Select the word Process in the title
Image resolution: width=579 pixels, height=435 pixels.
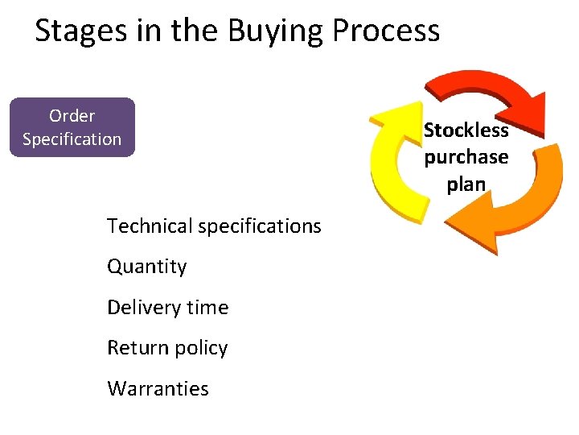click(386, 31)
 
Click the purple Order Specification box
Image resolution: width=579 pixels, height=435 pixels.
click(72, 127)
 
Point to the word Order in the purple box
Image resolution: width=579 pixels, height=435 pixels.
click(72, 116)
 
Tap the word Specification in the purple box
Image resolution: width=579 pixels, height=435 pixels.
click(72, 139)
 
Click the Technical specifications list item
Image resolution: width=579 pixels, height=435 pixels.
click(214, 226)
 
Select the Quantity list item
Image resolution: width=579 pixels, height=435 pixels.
click(147, 267)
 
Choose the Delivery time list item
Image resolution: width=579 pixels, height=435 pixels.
click(167, 307)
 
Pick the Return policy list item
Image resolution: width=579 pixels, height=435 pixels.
click(167, 348)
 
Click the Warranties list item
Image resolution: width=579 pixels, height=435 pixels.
click(158, 388)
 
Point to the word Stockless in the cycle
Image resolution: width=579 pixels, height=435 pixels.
click(466, 130)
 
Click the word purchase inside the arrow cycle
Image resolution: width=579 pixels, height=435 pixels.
click(466, 157)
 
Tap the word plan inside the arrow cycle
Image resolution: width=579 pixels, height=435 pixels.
click(466, 184)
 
